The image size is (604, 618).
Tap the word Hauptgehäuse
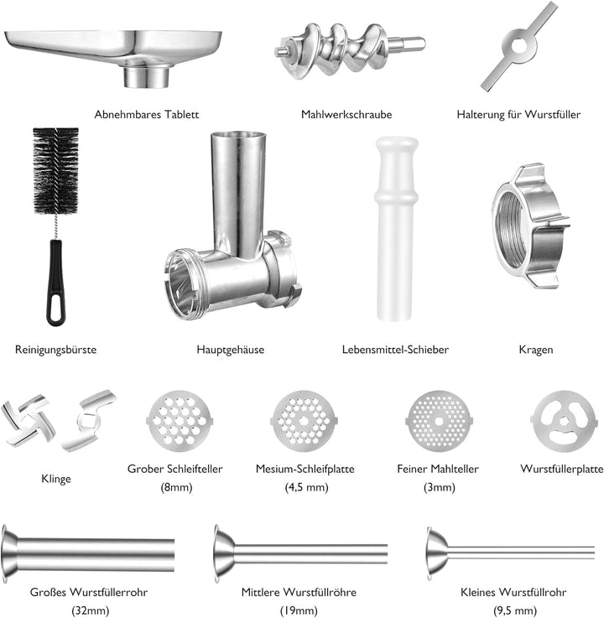(x=230, y=349)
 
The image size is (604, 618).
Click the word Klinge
(x=55, y=479)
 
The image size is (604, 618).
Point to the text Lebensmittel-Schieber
(x=395, y=349)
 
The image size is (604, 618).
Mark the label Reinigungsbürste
(x=55, y=349)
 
